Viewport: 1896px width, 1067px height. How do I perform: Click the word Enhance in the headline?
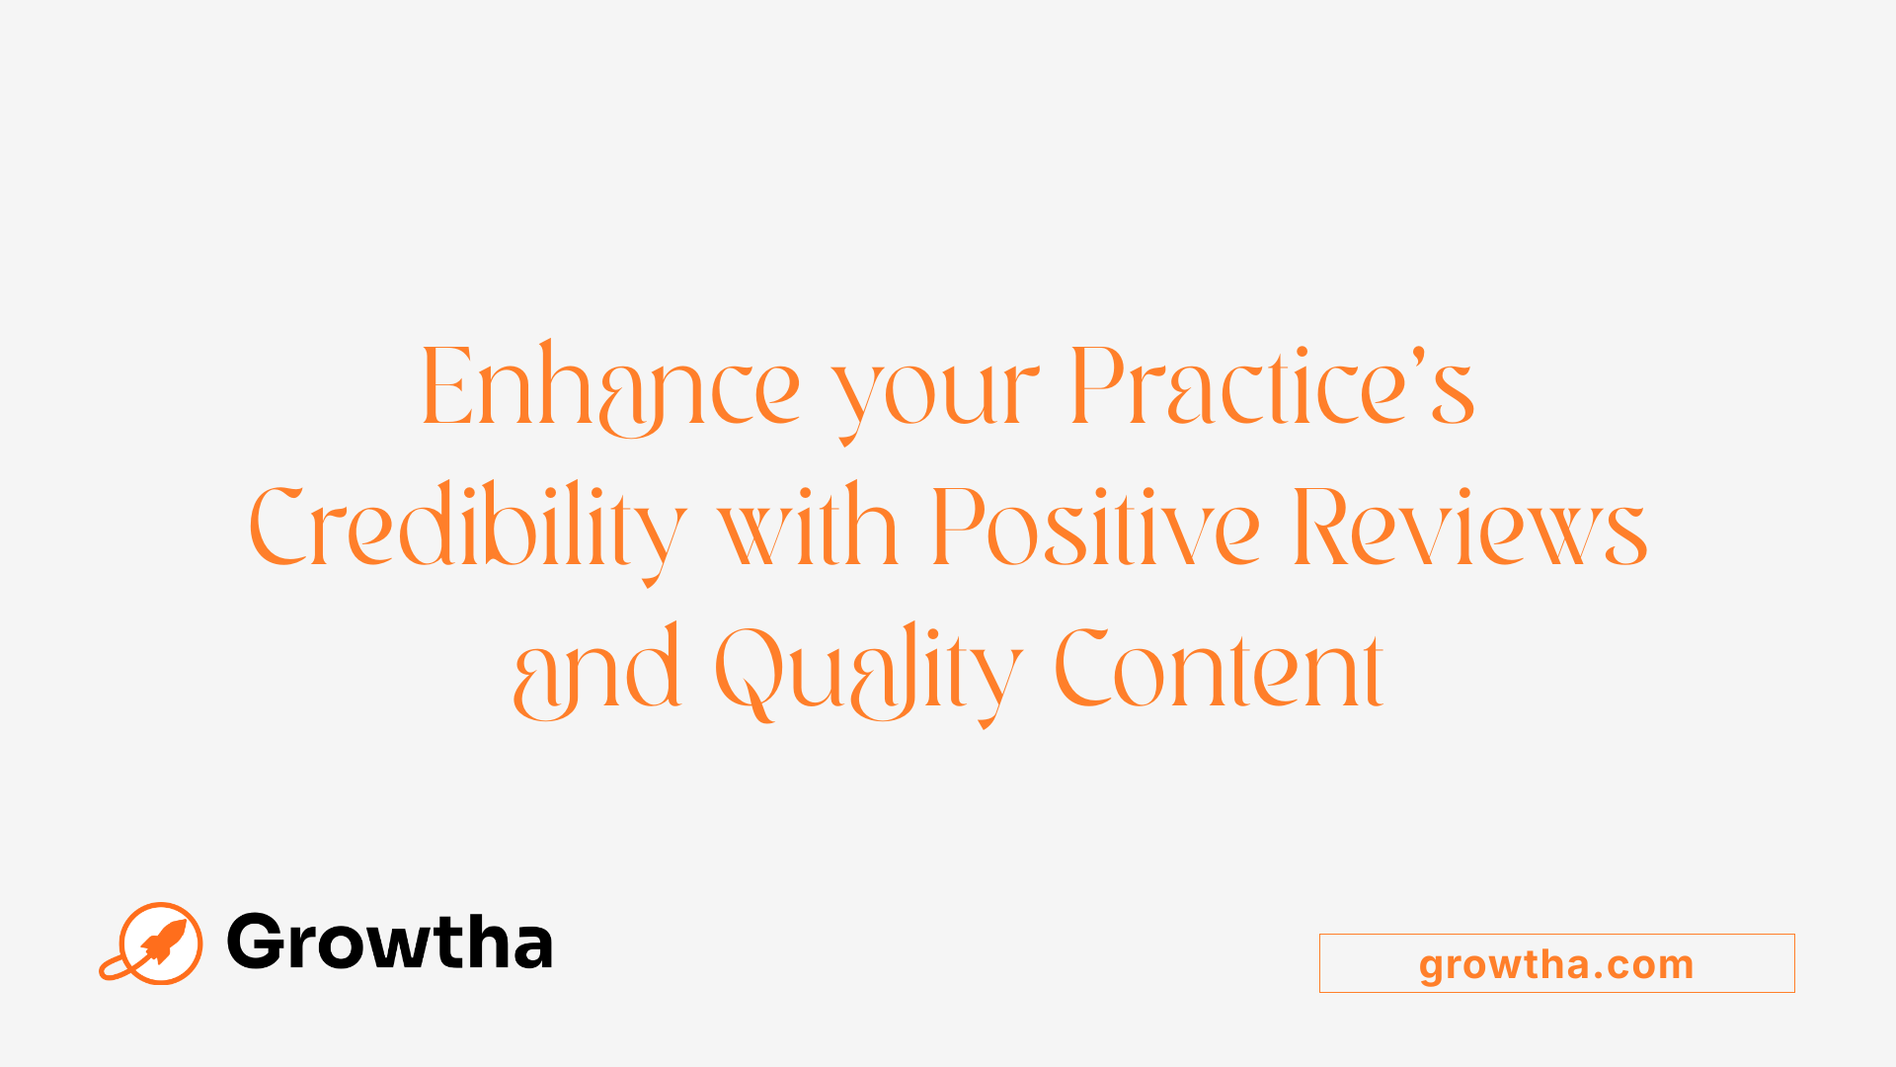[610, 387]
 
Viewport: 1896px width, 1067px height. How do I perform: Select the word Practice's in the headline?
[1272, 387]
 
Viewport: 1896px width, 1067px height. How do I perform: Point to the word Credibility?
[466, 528]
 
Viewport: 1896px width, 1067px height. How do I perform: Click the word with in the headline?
[808, 528]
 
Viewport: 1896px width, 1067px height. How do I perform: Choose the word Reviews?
[1469, 528]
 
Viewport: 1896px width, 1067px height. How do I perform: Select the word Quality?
[868, 672]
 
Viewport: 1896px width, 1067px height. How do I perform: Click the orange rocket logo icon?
[158, 943]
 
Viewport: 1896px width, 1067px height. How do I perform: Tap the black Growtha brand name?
[389, 943]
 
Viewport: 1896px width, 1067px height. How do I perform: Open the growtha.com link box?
[1556, 963]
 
